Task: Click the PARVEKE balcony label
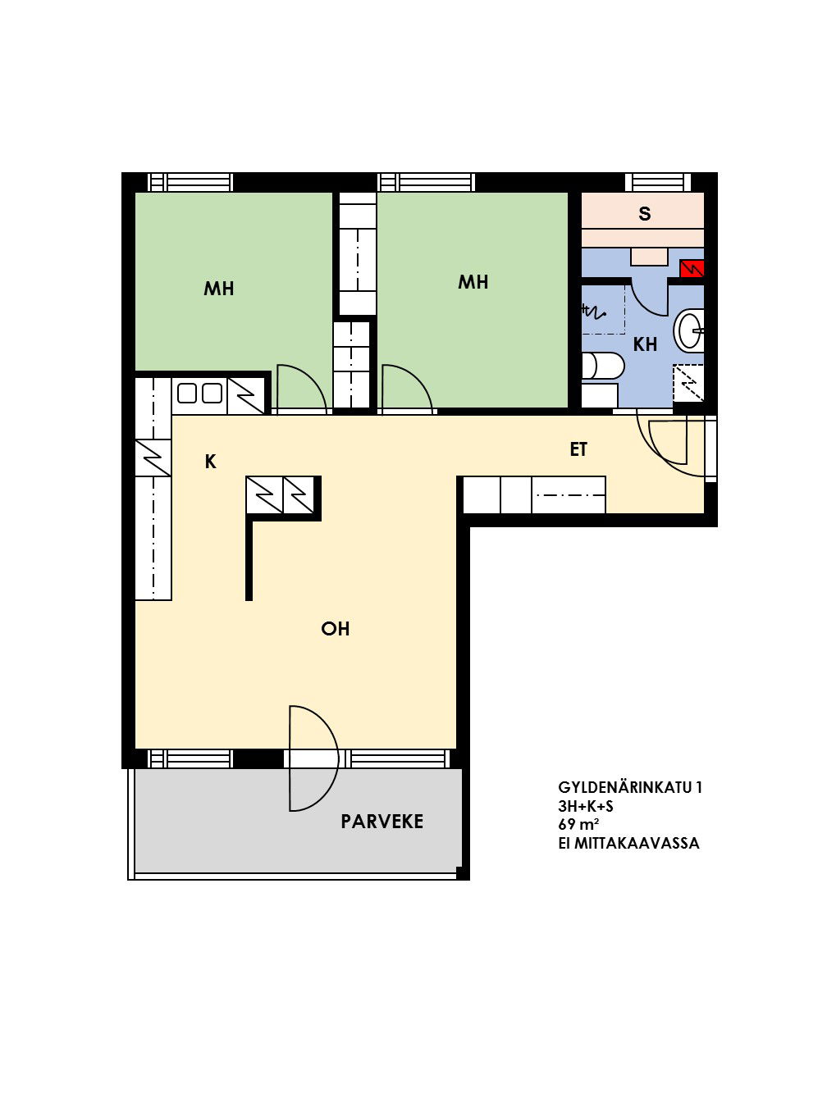point(382,822)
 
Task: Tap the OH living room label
point(335,629)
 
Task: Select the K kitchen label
point(210,462)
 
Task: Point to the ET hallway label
point(578,449)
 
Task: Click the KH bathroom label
point(645,344)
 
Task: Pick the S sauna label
point(645,214)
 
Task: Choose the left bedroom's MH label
point(218,288)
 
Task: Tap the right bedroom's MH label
point(473,282)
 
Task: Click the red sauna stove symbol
point(692,269)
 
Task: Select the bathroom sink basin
point(690,330)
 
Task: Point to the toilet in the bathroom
point(603,366)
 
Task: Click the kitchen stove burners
point(199,394)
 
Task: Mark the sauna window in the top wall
point(658,182)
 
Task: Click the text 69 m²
point(579,824)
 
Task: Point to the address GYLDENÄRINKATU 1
point(629,787)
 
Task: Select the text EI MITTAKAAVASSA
point(628,843)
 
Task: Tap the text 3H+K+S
point(586,806)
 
